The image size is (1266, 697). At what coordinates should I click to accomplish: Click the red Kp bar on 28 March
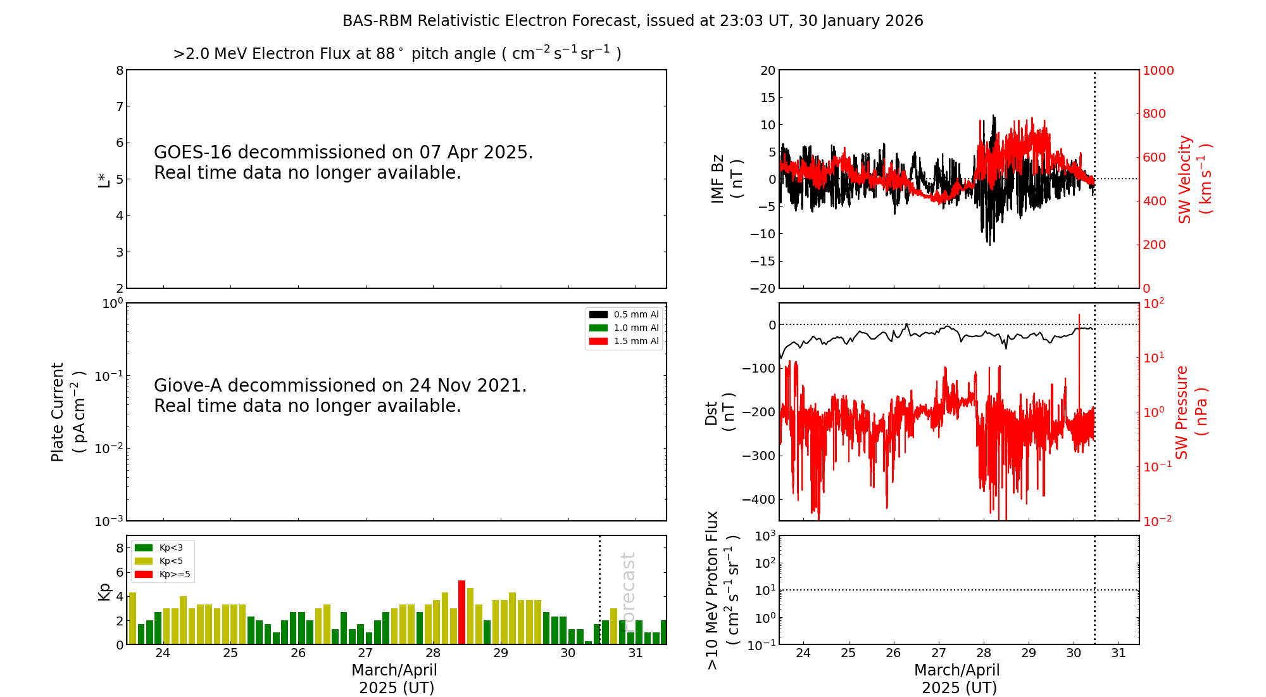461,612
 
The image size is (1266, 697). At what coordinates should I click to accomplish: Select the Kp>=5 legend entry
162,575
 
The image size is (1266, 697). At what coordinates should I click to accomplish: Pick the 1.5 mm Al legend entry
624,341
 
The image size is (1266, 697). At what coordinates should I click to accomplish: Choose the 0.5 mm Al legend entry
624,314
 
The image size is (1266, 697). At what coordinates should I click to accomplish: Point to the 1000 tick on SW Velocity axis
1158,70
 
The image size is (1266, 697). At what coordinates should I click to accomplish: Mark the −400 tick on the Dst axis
763,499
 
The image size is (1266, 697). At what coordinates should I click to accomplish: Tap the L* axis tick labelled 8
120,70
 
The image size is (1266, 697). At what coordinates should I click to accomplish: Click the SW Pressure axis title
1191,412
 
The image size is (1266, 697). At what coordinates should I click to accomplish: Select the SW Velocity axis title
1194,179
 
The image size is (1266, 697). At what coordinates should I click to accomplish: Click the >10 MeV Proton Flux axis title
723,591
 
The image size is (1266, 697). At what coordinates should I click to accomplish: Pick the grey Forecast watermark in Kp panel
627,589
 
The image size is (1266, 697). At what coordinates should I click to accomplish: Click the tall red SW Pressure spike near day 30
1079,374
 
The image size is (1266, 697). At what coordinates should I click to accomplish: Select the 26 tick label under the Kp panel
298,653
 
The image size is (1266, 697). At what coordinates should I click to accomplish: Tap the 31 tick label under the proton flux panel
1119,653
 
